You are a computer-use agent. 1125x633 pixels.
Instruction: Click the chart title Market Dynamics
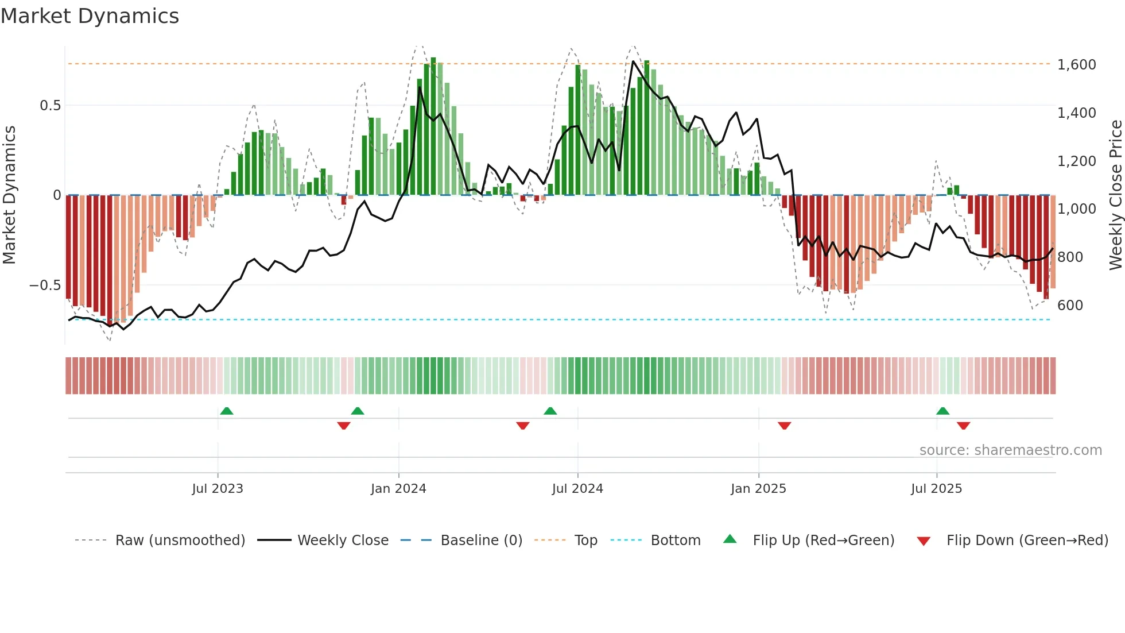90,16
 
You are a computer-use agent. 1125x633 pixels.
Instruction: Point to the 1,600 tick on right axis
1076,65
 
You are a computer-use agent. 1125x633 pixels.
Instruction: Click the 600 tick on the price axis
1070,306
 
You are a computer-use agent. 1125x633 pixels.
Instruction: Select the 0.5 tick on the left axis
50,106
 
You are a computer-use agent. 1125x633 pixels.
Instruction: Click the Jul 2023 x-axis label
218,489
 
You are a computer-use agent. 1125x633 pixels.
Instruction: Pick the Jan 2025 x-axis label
758,489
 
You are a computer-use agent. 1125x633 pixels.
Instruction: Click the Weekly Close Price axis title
1115,195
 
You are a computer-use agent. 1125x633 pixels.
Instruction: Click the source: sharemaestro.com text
1010,450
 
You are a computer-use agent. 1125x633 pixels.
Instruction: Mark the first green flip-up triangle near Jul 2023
227,411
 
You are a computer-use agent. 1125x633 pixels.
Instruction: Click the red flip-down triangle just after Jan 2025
784,426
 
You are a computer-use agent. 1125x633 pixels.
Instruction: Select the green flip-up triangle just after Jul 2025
942,411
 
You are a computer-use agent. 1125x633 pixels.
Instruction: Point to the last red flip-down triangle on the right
963,426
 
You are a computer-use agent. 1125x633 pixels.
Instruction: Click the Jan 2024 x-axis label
398,489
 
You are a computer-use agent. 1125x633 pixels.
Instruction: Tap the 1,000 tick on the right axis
1076,209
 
